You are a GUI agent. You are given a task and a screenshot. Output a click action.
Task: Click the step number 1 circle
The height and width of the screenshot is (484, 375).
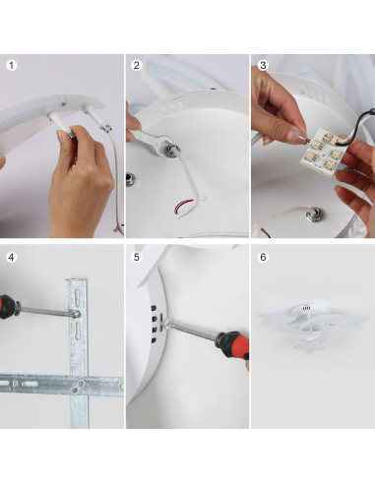tap(12, 66)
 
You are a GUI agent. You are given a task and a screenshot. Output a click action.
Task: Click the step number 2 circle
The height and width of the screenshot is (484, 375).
tap(137, 66)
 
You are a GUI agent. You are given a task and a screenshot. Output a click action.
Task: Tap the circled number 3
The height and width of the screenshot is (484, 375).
tap(263, 66)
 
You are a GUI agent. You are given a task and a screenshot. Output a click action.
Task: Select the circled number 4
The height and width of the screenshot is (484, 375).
tap(12, 257)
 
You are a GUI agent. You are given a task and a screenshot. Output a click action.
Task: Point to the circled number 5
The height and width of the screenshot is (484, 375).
tap(137, 257)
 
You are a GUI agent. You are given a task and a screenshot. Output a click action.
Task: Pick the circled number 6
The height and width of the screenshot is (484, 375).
tap(263, 257)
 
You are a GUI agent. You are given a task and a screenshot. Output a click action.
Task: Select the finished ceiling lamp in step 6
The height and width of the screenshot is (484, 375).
tap(312, 331)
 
